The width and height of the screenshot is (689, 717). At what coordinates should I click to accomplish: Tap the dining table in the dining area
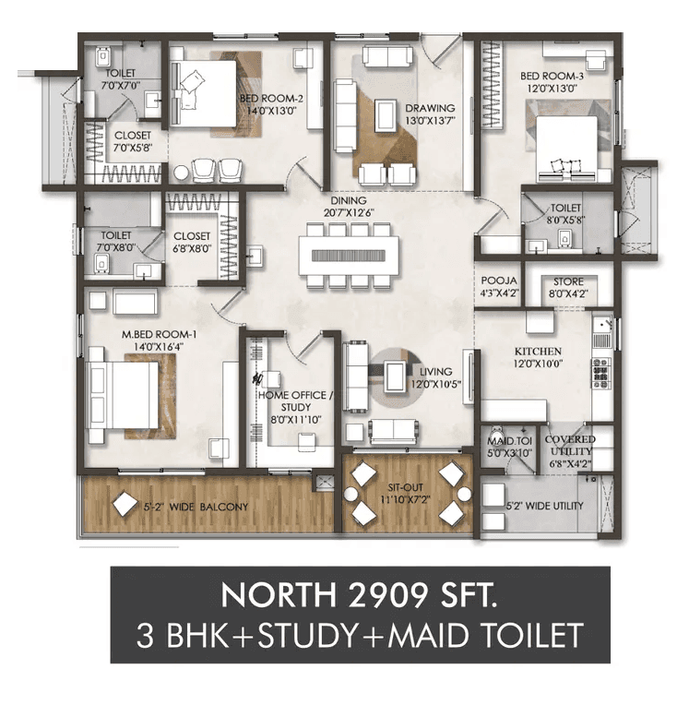(348, 256)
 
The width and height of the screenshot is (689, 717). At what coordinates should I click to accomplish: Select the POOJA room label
(498, 281)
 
